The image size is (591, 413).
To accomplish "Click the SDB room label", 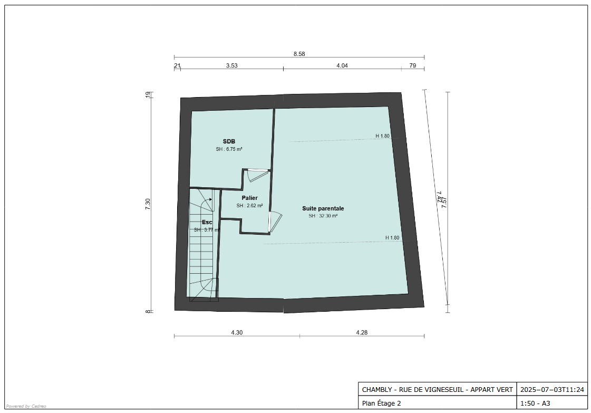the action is pos(229,141).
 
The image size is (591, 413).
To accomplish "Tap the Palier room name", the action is pos(249,198).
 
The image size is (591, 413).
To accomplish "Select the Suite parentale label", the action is pos(323,208).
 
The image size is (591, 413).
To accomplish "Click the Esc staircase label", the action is pos(207,222).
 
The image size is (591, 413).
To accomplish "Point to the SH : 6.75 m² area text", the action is pos(229,149).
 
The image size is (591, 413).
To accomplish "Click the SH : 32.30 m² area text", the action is pos(323,216).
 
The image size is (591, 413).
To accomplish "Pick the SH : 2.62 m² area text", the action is pos(249,206).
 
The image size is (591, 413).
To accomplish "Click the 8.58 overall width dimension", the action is pos(299,54).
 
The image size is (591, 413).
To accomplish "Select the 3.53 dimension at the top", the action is pos(232,65).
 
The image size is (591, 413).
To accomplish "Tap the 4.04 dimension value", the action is pos(342,65).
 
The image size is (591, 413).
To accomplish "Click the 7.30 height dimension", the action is pos(148,204).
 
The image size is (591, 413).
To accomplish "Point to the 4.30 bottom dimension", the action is pos(237,332).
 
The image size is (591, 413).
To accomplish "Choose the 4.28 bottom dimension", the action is pos(362,332).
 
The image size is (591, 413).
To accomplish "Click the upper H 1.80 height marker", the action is pos(382,136).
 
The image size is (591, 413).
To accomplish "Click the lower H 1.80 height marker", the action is pos(392,237).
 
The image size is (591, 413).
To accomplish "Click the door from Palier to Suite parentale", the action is pos(275,222).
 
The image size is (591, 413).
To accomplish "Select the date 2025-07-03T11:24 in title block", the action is pos(552,390).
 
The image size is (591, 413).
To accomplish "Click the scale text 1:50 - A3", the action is pos(535,403).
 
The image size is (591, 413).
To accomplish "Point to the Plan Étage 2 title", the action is pos(382,403).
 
